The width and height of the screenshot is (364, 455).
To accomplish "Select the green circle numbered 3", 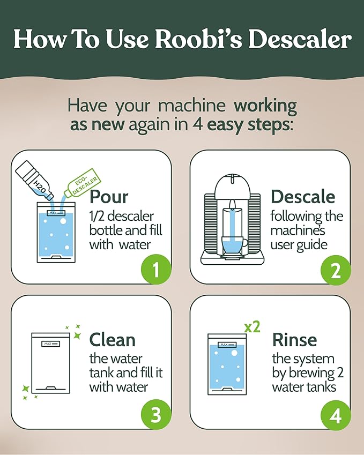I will pyautogui.click(x=155, y=415).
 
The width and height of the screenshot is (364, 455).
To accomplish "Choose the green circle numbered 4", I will pyautogui.click(x=336, y=415).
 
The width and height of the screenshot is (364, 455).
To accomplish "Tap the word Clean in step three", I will pyautogui.click(x=112, y=340).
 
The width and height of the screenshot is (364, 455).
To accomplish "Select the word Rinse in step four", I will pyautogui.click(x=294, y=340).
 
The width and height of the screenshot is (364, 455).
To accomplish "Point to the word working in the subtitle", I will pyautogui.click(x=261, y=105).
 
